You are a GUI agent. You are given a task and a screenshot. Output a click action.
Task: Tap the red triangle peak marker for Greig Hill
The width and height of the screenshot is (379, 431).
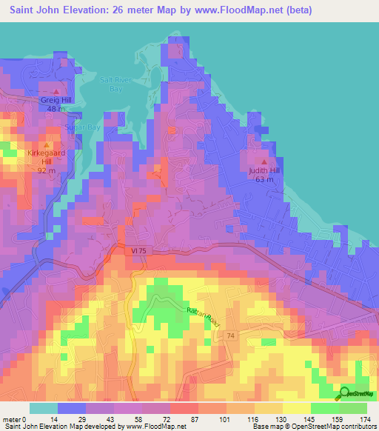pyautogui.click(x=54, y=90)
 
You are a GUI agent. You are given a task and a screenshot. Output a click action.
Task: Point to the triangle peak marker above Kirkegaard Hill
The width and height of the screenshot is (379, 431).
pyautogui.click(x=48, y=144)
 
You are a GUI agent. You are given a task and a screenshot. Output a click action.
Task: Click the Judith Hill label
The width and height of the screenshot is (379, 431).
pyautogui.click(x=264, y=170)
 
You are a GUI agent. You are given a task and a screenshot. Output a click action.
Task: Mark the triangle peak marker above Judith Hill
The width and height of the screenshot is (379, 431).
pyautogui.click(x=265, y=161)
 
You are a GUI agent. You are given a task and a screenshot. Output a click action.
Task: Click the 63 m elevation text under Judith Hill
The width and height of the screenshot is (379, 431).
pyautogui.click(x=264, y=179)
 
